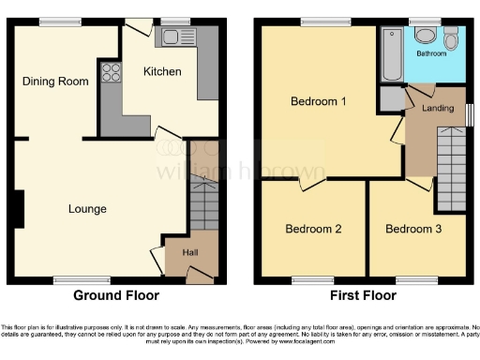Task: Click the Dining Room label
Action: pyautogui.click(x=56, y=82)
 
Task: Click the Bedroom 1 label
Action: pyautogui.click(x=318, y=101)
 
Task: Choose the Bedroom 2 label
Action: pyautogui.click(x=312, y=229)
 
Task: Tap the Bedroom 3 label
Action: pyautogui.click(x=413, y=229)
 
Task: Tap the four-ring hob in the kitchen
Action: pyautogui.click(x=111, y=73)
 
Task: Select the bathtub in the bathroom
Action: pyautogui.click(x=392, y=54)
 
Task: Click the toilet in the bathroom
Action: pyautogui.click(x=451, y=37)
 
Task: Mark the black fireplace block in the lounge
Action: pyautogui.click(x=19, y=207)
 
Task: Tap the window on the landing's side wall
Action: pyautogui.click(x=470, y=113)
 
